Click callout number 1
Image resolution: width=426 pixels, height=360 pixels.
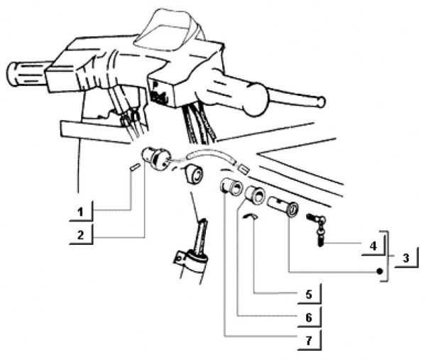(80, 212)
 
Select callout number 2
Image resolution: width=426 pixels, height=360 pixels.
(80, 235)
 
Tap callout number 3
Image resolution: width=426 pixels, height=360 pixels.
(406, 258)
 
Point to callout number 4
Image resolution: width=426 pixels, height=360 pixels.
(373, 246)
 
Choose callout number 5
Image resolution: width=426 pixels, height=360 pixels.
(309, 294)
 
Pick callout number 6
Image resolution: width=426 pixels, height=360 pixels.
(309, 317)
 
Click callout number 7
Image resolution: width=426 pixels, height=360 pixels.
(309, 340)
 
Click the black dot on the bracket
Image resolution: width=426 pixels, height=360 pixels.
(380, 271)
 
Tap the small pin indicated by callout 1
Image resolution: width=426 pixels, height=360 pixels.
(134, 166)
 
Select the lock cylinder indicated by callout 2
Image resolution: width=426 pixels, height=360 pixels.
(156, 158)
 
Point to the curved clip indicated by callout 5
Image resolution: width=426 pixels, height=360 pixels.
(251, 215)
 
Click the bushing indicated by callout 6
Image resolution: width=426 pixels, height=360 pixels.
(255, 195)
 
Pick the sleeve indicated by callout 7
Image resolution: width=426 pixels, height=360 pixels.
(231, 187)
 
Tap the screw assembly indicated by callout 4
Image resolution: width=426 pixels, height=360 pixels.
(317, 227)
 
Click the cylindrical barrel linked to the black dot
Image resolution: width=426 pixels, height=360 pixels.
(283, 206)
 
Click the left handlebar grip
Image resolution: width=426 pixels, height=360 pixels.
(27, 74)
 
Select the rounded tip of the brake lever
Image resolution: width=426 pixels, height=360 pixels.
(322, 102)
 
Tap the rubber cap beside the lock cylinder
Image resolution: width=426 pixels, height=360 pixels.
(193, 175)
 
